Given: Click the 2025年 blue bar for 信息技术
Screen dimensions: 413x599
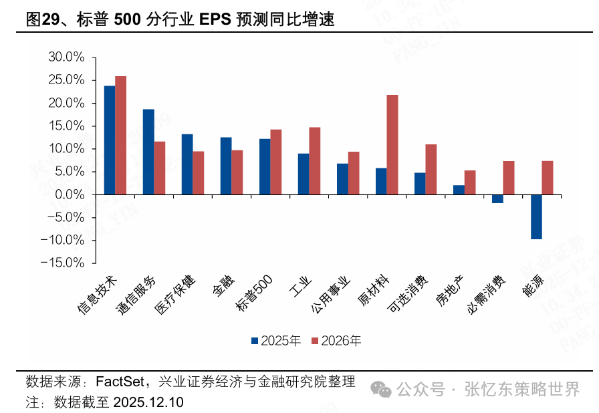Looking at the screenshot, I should [x=109, y=140].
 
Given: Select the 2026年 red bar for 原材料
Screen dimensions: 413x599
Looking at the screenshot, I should [x=392, y=144].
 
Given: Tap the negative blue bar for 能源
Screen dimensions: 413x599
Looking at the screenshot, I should [x=536, y=217].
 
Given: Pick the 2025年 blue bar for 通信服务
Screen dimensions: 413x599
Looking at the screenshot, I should [x=148, y=152].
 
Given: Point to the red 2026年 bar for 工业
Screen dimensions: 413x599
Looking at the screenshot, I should [x=315, y=160].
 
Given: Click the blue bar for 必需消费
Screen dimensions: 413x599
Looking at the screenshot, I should [x=497, y=198].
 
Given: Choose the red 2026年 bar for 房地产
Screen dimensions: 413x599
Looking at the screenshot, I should [x=470, y=182].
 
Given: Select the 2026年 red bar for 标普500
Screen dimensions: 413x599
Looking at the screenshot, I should [x=276, y=162].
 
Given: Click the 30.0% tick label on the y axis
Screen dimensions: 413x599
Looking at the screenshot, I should [x=66, y=57].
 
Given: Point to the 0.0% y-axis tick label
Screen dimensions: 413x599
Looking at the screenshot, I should [x=69, y=194].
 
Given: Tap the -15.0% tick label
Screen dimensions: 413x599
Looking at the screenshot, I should [x=63, y=263].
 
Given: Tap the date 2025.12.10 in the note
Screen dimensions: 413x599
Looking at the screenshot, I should [x=148, y=402].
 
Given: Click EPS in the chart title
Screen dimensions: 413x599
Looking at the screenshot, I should [x=214, y=20].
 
